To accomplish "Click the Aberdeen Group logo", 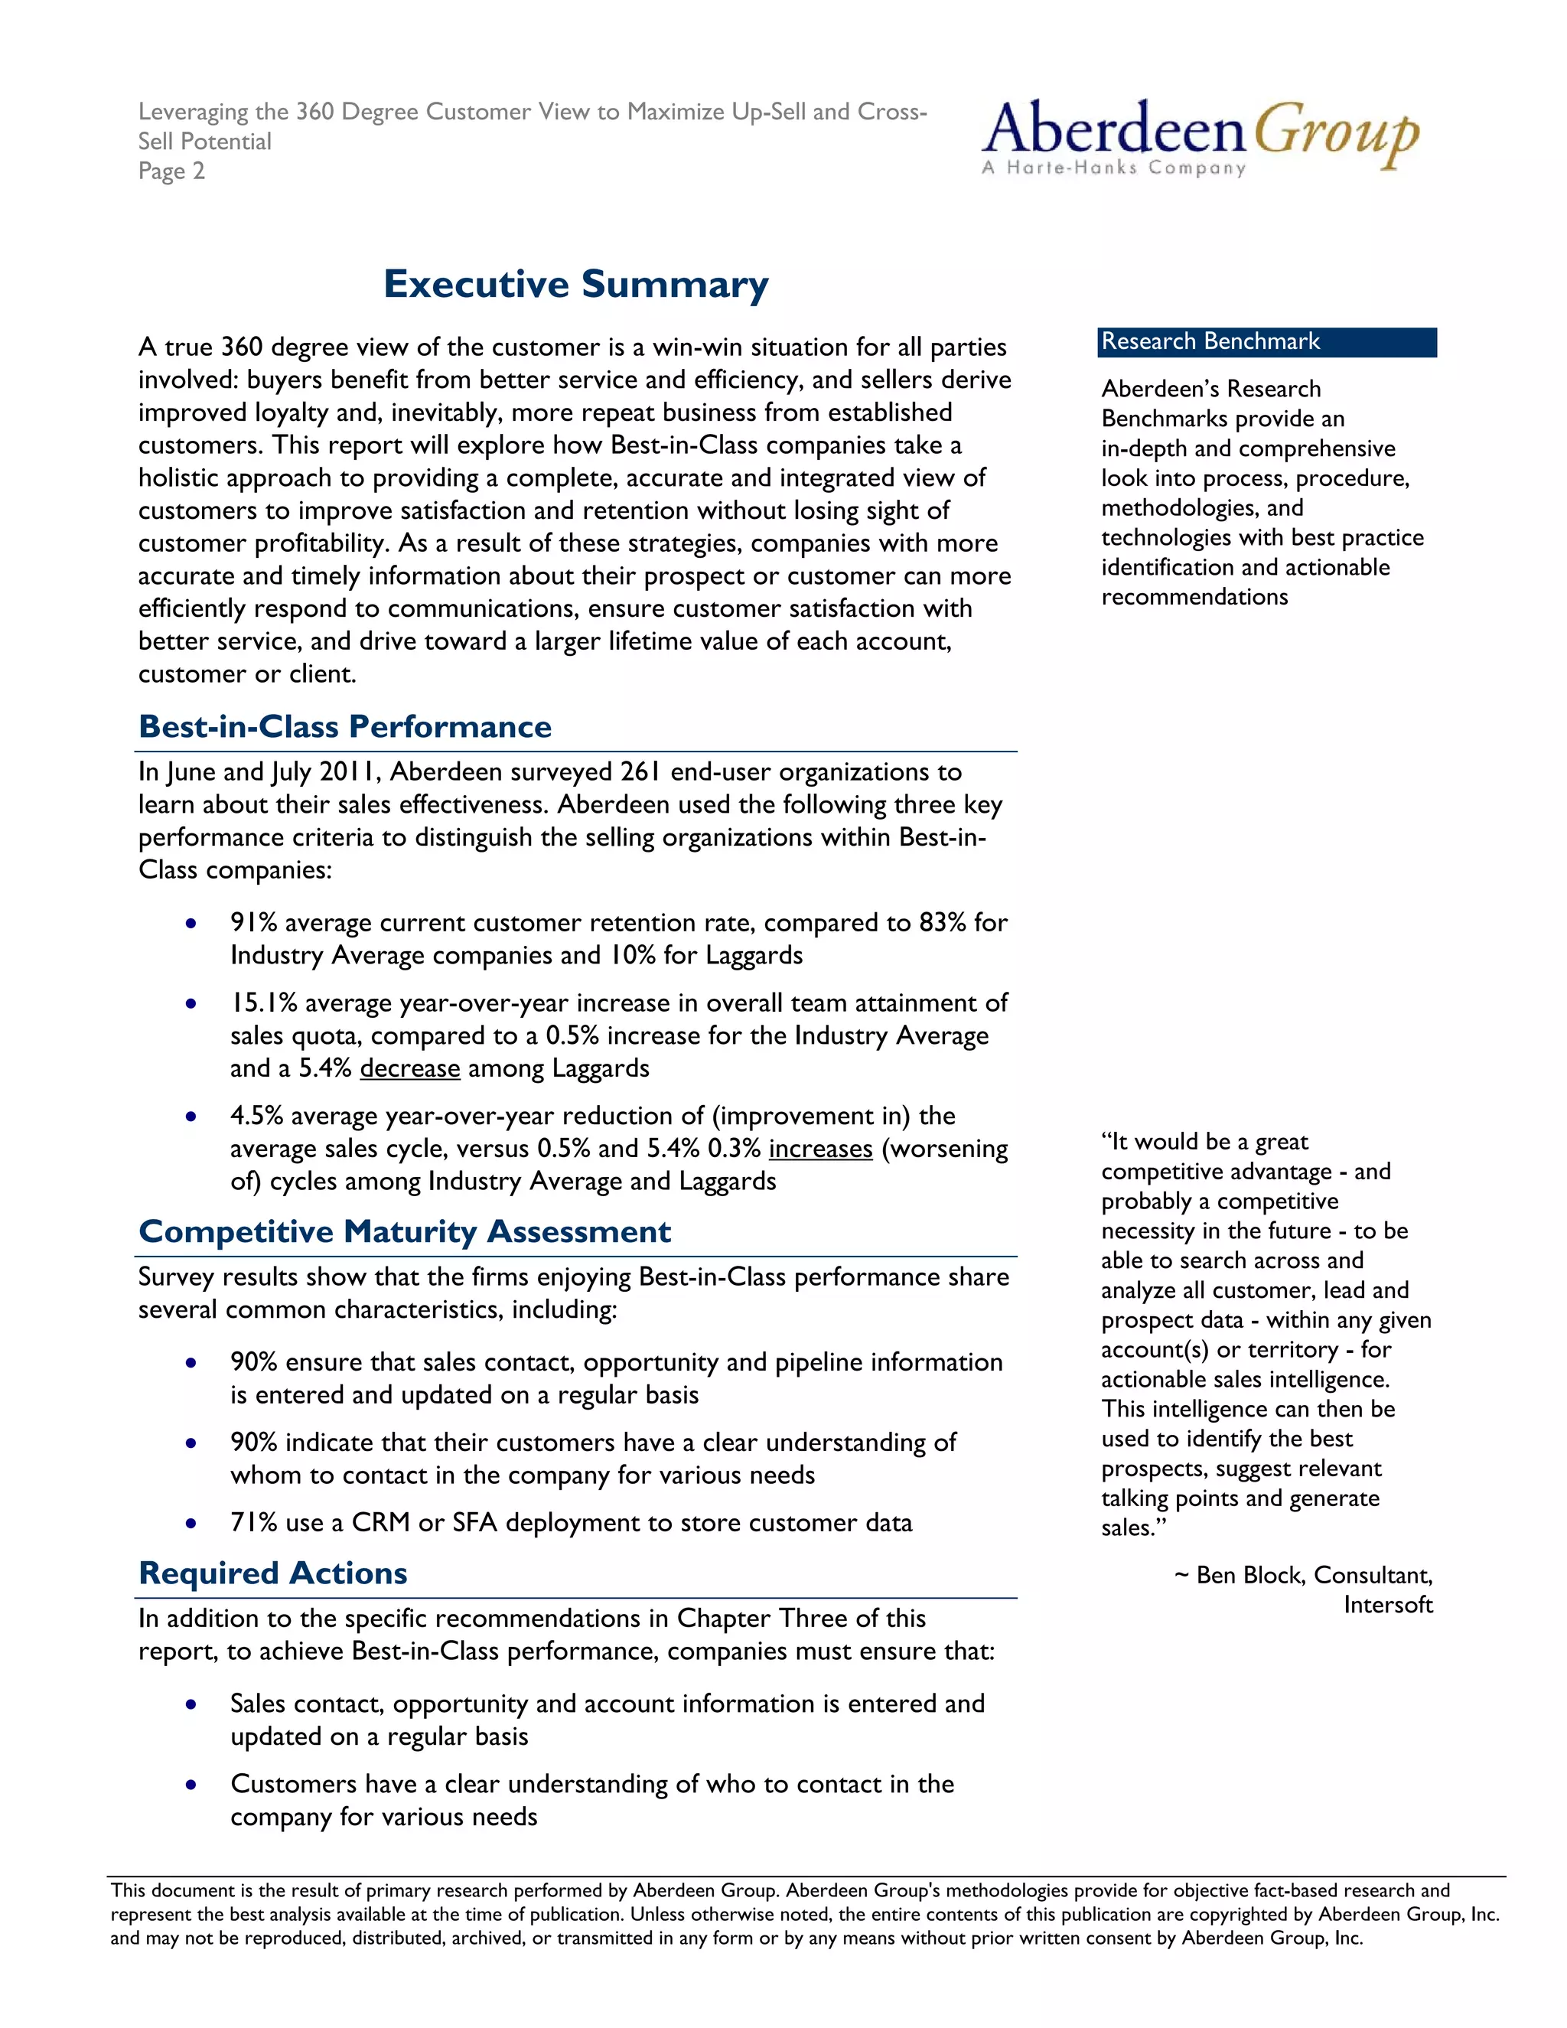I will [x=1200, y=138].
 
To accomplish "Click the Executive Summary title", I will [x=575, y=284].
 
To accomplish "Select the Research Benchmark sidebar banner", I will [x=1266, y=342].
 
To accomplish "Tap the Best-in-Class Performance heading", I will [x=344, y=726].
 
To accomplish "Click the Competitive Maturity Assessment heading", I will [x=404, y=1231].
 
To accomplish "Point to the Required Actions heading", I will [x=273, y=1573].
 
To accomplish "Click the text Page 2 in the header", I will [x=171, y=171].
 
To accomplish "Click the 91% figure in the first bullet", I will [x=253, y=923].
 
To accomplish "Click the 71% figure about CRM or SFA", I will [x=253, y=1523].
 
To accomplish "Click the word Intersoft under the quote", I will [x=1387, y=1606].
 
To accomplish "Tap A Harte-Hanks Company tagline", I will [x=1113, y=168].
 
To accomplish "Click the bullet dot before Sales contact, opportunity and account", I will [x=191, y=1705].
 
